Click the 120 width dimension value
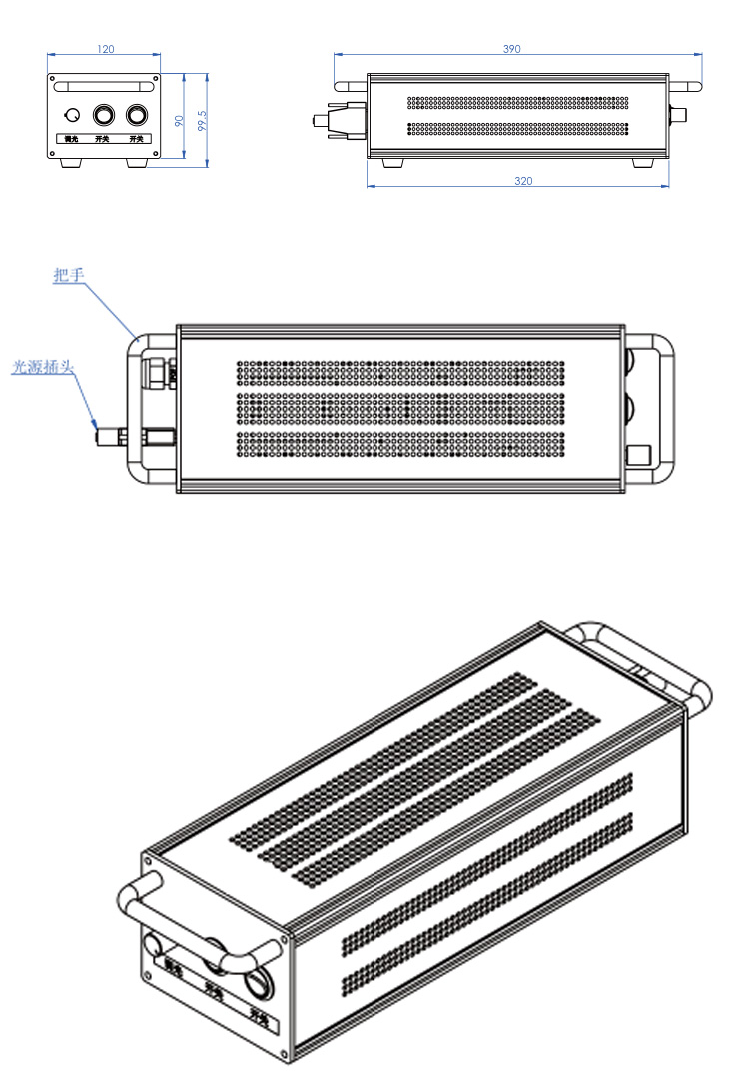(105, 49)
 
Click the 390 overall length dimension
(511, 49)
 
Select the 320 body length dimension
(522, 181)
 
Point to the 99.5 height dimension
(202, 119)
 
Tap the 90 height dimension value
(179, 119)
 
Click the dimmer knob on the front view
(72, 115)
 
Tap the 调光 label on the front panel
(71, 138)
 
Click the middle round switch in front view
(104, 114)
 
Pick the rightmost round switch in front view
(138, 114)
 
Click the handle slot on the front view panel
(104, 87)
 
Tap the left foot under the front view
(71, 163)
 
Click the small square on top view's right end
(638, 456)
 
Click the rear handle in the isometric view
(639, 659)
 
